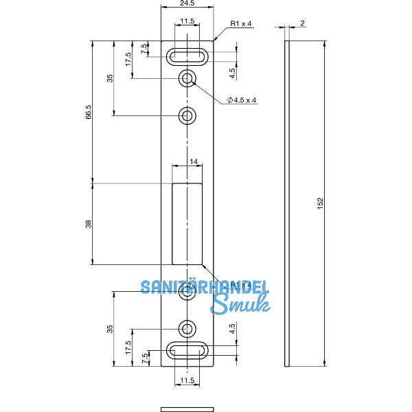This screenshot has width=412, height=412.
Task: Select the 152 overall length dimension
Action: point(320,203)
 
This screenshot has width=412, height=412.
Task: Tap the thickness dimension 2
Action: point(302,23)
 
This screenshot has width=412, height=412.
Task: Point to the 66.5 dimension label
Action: point(89,112)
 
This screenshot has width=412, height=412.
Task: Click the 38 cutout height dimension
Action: point(89,224)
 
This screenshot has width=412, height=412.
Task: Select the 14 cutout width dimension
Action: point(194,161)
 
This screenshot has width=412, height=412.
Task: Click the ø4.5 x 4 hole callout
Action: point(242,100)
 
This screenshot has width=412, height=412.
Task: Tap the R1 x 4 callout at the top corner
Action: point(241,23)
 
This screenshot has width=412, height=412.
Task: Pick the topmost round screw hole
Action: point(187,79)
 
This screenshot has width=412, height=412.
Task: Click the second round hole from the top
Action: point(187,116)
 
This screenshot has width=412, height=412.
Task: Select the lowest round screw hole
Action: point(187,328)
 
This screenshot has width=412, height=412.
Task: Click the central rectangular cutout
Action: point(187,224)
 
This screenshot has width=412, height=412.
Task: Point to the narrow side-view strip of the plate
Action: point(288,203)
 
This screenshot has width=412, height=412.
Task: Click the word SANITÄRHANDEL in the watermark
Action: point(204,288)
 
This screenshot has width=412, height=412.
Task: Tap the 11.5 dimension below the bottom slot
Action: point(187,379)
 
